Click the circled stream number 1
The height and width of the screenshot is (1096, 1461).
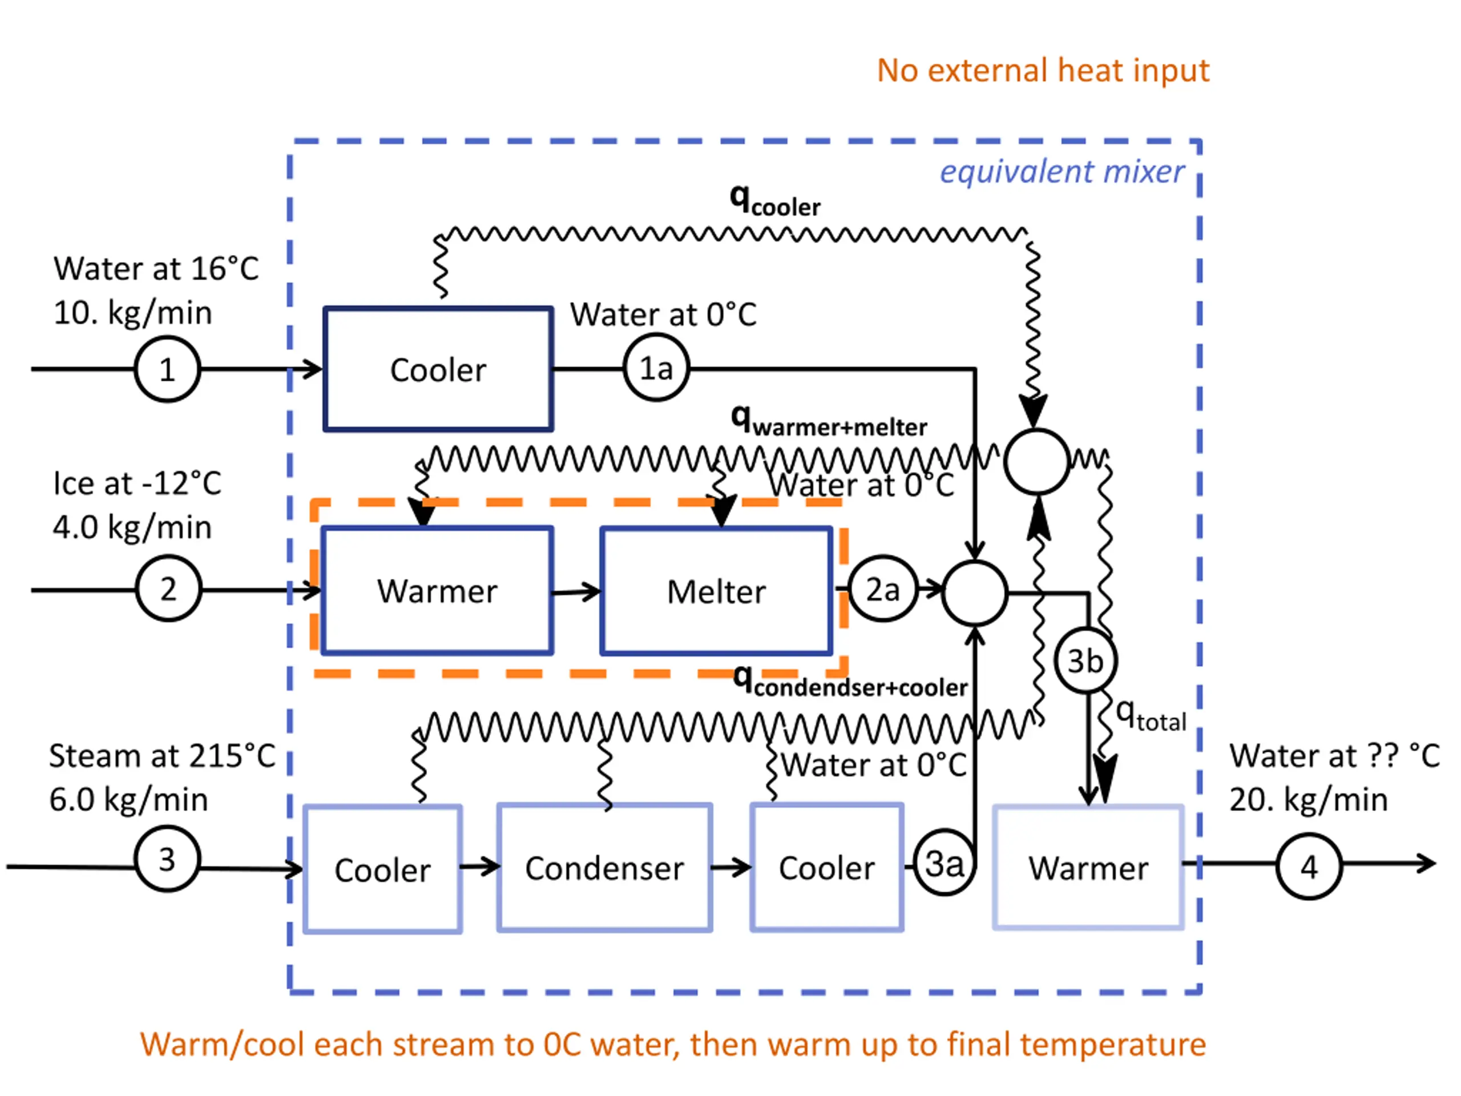click(167, 369)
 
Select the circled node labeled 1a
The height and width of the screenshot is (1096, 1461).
click(656, 368)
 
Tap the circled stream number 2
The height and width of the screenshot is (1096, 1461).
click(168, 588)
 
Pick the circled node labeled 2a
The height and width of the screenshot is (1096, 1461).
click(882, 589)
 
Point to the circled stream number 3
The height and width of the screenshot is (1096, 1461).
click(167, 859)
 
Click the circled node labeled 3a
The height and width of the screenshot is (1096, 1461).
click(945, 863)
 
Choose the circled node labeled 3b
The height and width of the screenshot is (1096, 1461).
click(1085, 660)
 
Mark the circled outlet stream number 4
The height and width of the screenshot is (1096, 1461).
click(1309, 866)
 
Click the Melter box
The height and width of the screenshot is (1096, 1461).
click(716, 591)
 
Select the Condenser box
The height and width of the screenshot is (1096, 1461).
click(604, 868)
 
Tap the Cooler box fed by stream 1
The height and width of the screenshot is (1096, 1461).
click(438, 369)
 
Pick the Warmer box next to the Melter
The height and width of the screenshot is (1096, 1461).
click(437, 591)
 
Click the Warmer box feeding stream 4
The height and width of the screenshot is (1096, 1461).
click(1088, 868)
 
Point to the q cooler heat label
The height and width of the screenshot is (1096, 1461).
click(775, 201)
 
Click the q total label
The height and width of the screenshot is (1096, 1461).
click(1151, 715)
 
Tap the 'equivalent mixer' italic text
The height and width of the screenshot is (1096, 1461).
click(1062, 172)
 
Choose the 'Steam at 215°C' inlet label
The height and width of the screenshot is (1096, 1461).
click(162, 756)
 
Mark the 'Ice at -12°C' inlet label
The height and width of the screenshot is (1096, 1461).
click(137, 483)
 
